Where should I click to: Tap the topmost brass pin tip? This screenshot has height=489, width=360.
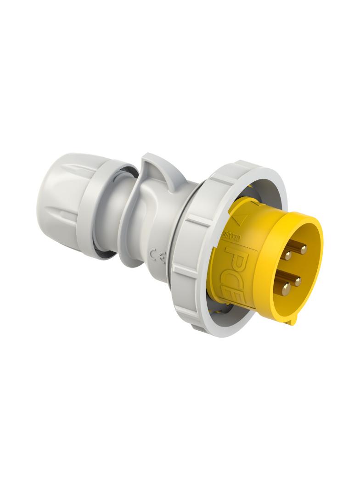(303, 248)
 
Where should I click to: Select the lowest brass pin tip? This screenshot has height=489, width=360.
(286, 288)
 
